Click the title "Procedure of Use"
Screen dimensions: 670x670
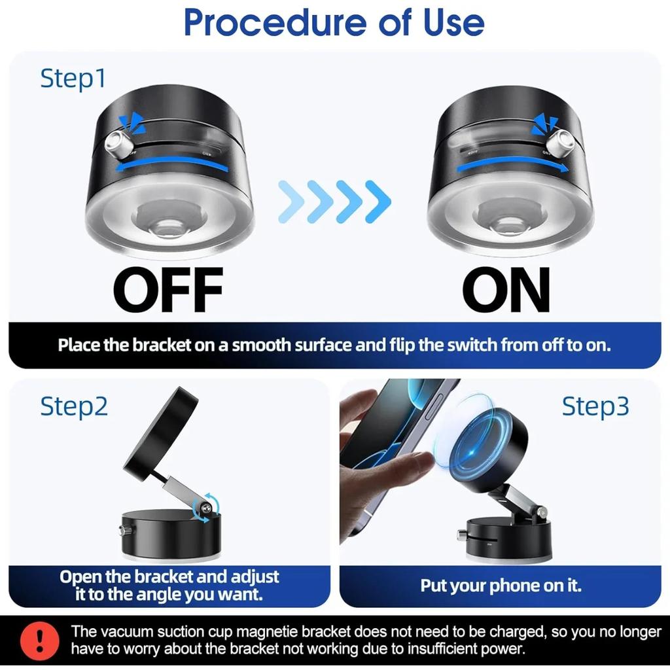[334, 22]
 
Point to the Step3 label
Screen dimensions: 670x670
[595, 406]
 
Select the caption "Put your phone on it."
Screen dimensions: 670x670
[501, 585]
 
